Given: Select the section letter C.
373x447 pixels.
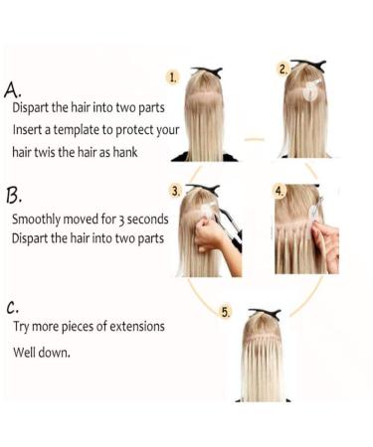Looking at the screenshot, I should (x=14, y=304).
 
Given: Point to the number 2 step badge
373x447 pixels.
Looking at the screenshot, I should (x=283, y=69).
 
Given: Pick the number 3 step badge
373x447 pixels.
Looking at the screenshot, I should (x=176, y=190).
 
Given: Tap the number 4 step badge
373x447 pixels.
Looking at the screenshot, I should (x=280, y=190).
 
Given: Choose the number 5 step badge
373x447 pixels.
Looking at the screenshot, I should (x=225, y=312).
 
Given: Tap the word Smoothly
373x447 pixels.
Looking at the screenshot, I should (x=41, y=219).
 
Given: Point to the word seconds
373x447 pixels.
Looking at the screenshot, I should (x=147, y=218).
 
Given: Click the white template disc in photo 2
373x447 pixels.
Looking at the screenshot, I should (x=311, y=92).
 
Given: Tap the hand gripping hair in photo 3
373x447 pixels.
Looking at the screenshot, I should (x=211, y=235).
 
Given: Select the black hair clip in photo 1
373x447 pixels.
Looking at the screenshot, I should (x=209, y=72).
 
